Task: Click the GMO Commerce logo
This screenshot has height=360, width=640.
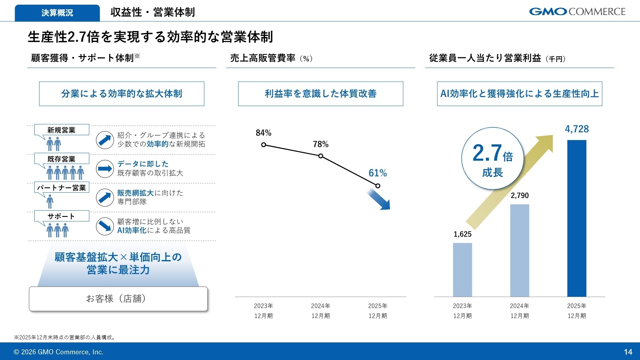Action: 577,12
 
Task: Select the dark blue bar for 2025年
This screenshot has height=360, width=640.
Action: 577,218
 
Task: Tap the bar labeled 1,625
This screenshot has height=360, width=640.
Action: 462,270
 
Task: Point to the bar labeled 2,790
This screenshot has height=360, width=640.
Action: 519,250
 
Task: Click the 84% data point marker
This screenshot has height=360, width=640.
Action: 264,145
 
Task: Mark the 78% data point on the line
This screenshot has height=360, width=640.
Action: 321,156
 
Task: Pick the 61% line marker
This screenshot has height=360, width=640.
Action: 378,186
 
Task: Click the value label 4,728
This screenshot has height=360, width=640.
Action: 577,129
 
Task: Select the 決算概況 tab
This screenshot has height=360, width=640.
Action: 57,13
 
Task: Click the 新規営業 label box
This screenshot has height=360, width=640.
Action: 62,130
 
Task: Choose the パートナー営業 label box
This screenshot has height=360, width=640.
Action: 62,188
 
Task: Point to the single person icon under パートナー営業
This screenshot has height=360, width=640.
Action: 50,201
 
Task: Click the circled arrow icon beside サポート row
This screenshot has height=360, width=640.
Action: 105,226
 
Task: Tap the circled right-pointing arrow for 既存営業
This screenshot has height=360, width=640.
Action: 105,169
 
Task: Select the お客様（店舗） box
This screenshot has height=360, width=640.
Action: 118,299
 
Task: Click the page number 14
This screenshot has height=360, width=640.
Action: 628,352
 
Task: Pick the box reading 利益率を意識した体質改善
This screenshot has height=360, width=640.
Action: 320,94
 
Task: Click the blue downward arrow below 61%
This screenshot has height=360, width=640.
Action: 379,200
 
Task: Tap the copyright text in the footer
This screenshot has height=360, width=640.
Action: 58,352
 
